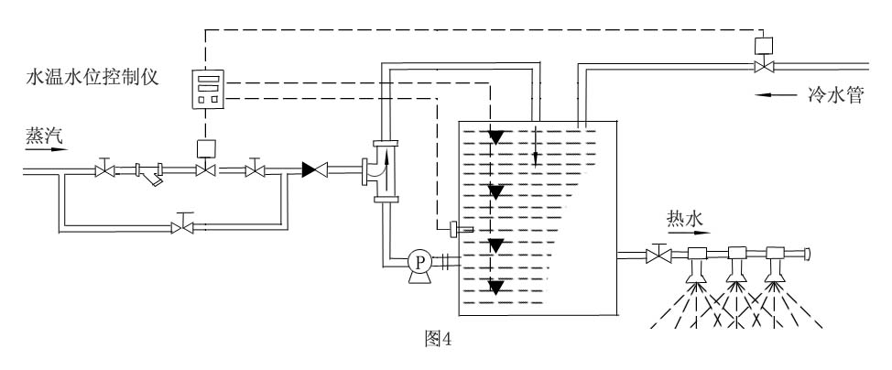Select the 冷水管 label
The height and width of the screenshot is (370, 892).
pos(834,95)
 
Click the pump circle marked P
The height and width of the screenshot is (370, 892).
pos(420,262)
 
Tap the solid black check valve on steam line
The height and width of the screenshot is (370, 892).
pos(315,169)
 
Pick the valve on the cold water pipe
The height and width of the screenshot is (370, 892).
pos(762,66)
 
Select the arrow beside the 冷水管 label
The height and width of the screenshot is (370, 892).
pos(773,94)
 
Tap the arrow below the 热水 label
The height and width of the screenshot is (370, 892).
pos(686,234)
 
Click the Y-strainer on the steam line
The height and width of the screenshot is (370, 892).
pos(151,171)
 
